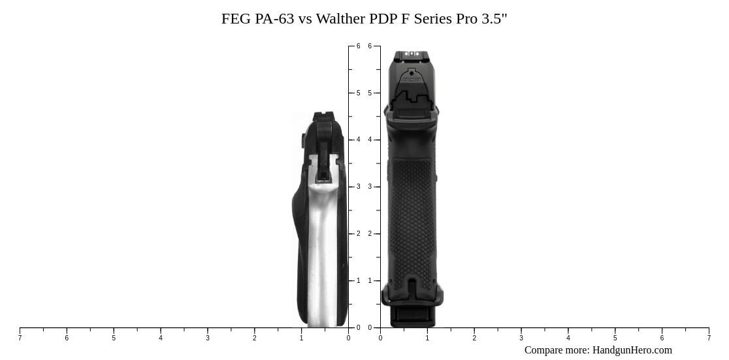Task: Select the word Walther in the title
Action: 340,19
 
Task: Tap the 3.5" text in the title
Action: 494,19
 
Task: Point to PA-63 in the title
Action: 274,19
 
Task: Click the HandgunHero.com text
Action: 632,350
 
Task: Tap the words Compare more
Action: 556,350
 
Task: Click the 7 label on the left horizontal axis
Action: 20,338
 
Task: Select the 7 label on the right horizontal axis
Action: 709,338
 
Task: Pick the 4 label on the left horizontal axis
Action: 161,338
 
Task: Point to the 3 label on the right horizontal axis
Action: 521,338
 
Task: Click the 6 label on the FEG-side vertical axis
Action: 358,46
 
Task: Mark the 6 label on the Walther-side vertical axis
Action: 370,46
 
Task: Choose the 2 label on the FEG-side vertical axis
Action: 358,234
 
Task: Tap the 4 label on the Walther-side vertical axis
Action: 370,140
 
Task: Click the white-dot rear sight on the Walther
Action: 412,54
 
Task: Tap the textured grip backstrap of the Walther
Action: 412,216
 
